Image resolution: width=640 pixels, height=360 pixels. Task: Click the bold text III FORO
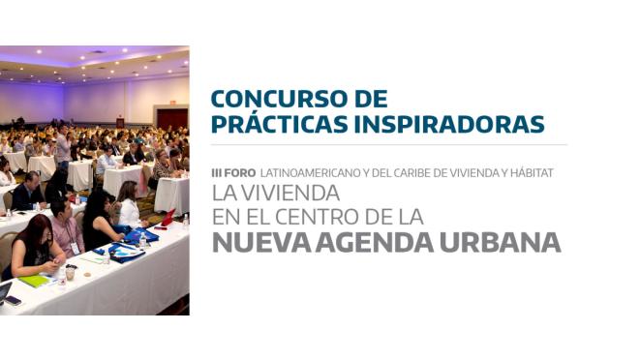(233, 172)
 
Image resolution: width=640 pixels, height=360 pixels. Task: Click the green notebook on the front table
(35, 281)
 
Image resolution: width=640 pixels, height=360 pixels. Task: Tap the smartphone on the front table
(13, 300)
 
